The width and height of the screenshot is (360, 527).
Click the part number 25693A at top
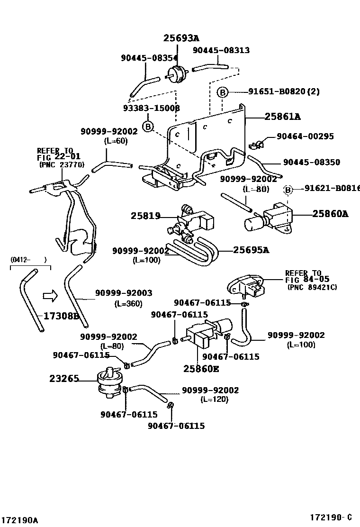pyautogui.click(x=182, y=38)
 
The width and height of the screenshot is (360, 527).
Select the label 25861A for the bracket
pyautogui.click(x=282, y=116)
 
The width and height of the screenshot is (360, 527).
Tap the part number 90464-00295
pyautogui.click(x=305, y=136)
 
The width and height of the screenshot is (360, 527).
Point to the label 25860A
pyautogui.click(x=330, y=214)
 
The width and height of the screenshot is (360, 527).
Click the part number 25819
pyautogui.click(x=146, y=216)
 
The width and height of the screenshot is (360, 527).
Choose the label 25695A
pyautogui.click(x=251, y=250)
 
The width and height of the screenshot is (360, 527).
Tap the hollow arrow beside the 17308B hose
pyautogui.click(x=49, y=296)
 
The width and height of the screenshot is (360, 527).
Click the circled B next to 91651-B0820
pyautogui.click(x=223, y=92)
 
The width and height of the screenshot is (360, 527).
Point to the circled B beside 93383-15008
pyautogui.click(x=148, y=127)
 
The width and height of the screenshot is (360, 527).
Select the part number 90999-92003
pyautogui.click(x=124, y=294)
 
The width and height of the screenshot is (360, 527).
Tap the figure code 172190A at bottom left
pyautogui.click(x=19, y=520)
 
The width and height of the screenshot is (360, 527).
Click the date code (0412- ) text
pyautogui.click(x=28, y=259)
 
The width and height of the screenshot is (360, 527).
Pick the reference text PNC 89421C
pyautogui.click(x=312, y=287)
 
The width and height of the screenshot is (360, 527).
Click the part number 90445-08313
pyautogui.click(x=221, y=50)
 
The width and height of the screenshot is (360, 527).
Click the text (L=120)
pyautogui.click(x=214, y=399)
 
